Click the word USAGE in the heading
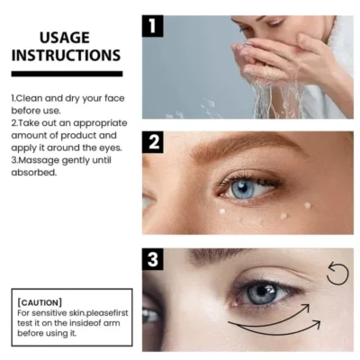(65, 38)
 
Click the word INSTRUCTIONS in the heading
(65, 56)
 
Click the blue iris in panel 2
(244, 188)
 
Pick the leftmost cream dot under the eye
(221, 211)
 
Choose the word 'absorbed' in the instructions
(34, 172)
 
